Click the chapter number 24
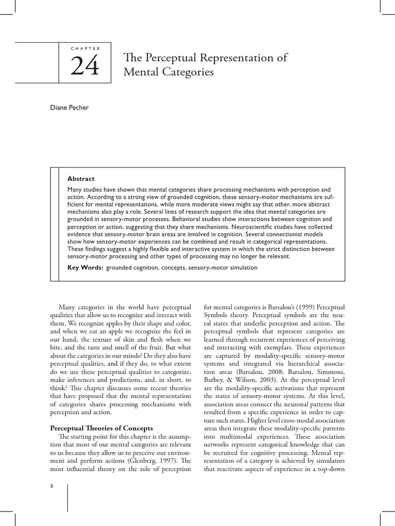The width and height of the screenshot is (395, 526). (84, 66)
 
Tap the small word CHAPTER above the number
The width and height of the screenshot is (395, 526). (84, 48)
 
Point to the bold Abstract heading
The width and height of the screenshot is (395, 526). (81, 179)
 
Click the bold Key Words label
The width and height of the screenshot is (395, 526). (85, 268)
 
